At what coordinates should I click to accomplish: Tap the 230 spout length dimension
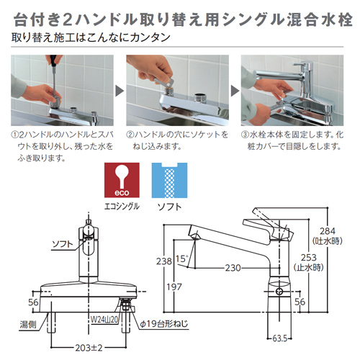point(232,269)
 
